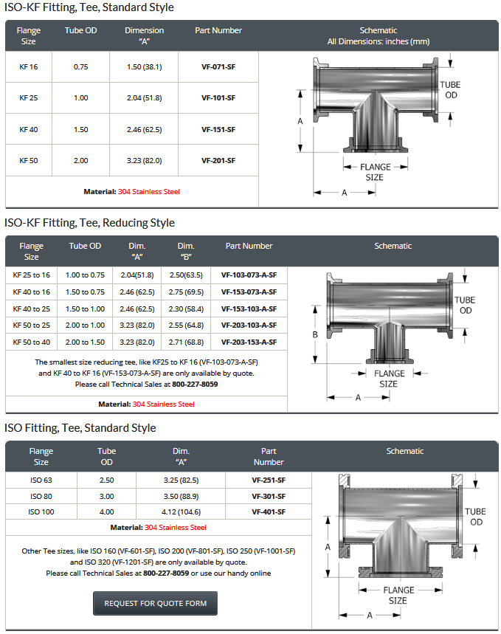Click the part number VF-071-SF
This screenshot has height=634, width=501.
[218, 66]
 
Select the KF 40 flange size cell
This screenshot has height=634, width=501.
[29, 129]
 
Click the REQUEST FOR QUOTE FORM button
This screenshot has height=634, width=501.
[156, 603]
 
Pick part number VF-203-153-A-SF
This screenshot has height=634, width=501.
[249, 342]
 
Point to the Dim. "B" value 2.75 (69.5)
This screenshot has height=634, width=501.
[186, 292]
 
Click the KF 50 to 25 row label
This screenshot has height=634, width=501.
[31, 325]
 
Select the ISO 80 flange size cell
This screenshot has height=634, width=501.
[41, 496]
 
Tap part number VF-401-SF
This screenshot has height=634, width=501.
[268, 512]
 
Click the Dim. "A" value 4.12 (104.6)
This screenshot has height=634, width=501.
[181, 512]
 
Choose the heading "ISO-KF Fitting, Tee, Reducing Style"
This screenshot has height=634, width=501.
[89, 222]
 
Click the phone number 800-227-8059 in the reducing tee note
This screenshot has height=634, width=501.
[195, 384]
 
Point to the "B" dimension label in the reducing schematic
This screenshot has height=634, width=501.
[315, 334]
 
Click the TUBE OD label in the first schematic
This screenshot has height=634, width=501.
[450, 90]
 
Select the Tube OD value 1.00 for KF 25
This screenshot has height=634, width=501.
[80, 97]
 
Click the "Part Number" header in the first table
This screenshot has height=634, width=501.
[218, 30]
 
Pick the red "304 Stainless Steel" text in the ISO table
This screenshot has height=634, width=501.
[176, 528]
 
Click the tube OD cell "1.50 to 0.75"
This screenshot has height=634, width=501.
[85, 292]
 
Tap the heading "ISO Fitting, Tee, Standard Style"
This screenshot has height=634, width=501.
[80, 427]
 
